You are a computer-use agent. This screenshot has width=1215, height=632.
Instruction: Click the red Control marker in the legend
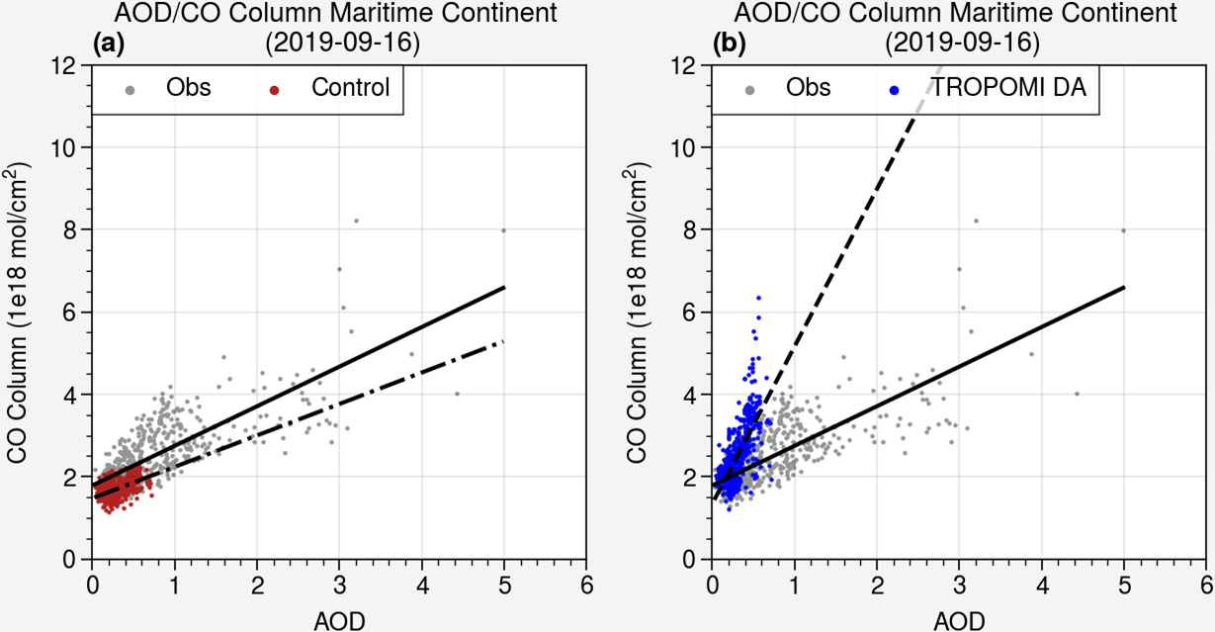[x=275, y=90]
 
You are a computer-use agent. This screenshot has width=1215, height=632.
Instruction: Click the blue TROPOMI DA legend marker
[x=894, y=90]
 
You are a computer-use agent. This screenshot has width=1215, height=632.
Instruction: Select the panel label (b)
[x=730, y=44]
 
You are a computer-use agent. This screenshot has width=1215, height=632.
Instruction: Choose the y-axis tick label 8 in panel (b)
[x=689, y=229]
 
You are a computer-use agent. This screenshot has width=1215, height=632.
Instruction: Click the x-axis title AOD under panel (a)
[x=339, y=620]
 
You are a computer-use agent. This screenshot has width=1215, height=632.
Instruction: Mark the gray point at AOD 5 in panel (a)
[x=503, y=230]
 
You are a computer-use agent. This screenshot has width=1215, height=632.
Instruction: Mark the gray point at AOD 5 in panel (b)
[x=1124, y=230]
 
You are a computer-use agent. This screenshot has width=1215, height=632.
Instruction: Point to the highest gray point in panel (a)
[x=356, y=221]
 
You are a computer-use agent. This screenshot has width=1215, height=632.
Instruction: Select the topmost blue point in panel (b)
[x=758, y=297]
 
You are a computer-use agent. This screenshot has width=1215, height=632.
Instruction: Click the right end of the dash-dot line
[x=504, y=341]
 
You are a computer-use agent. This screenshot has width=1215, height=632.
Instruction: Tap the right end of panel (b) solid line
[x=1124, y=287]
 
